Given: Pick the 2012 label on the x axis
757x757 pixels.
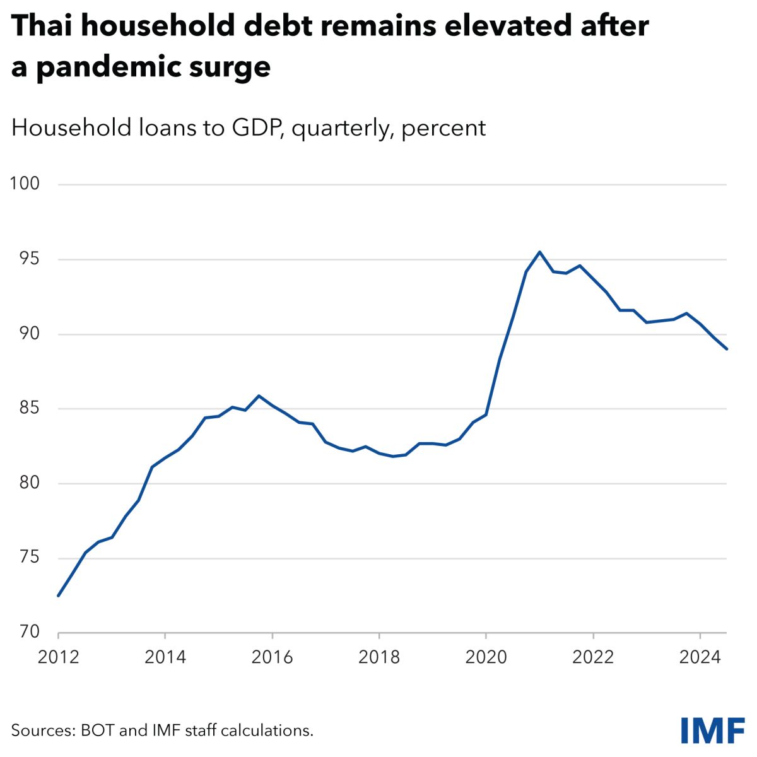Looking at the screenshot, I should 58,657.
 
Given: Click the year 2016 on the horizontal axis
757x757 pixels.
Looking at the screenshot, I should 272,657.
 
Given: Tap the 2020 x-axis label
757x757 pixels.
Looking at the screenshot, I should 486,657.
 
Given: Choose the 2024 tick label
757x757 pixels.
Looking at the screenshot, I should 700,657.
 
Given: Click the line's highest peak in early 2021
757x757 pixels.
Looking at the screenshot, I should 539,252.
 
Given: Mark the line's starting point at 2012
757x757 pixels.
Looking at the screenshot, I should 58,596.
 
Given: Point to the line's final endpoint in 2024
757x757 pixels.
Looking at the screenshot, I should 727,349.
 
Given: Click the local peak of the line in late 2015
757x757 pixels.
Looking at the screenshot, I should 259,396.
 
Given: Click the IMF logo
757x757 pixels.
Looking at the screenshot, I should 713,730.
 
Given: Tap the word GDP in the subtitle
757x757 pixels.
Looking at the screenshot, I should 259,128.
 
